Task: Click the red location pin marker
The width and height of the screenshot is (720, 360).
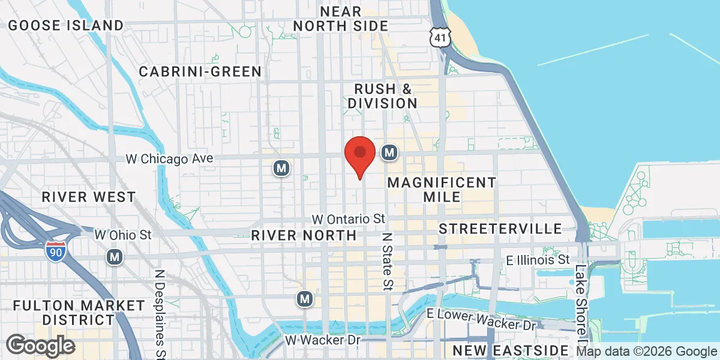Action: pyautogui.click(x=360, y=154)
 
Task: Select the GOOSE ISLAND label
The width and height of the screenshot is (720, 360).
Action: pyautogui.click(x=66, y=25)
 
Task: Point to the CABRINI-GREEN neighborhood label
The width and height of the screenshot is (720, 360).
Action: pyautogui.click(x=200, y=72)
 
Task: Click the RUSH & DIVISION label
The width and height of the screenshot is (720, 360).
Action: pyautogui.click(x=383, y=96)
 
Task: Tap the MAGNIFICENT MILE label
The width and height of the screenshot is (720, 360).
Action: pyautogui.click(x=442, y=189)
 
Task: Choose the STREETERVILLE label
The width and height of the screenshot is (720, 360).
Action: pyautogui.click(x=500, y=229)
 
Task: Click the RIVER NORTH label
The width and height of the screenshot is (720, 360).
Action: pyautogui.click(x=304, y=235)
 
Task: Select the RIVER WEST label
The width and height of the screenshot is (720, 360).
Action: pyautogui.click(x=88, y=197)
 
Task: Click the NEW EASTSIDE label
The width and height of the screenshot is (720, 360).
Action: pyautogui.click(x=511, y=350)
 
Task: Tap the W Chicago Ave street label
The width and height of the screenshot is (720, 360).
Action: pyautogui.click(x=170, y=159)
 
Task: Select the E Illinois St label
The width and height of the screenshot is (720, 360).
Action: pyautogui.click(x=538, y=260)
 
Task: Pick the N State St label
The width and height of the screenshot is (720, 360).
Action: pyautogui.click(x=388, y=260)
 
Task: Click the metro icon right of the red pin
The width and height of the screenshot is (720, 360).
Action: pyautogui.click(x=389, y=152)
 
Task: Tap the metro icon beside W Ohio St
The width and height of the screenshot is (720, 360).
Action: pyautogui.click(x=114, y=257)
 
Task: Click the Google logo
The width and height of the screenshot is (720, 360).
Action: pyautogui.click(x=40, y=346)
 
